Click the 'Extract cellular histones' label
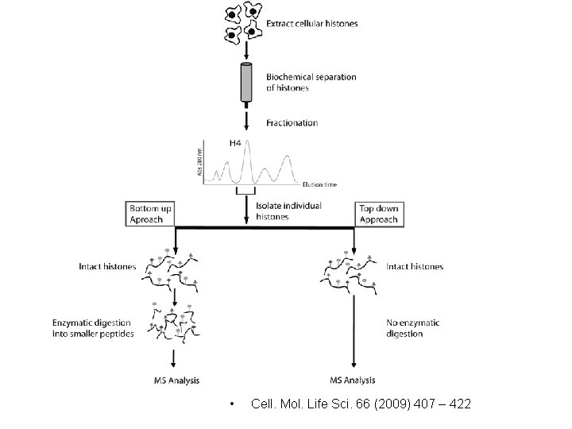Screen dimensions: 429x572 tap(311, 24)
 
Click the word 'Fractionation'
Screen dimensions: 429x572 tap(292, 123)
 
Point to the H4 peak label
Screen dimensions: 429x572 tap(236, 143)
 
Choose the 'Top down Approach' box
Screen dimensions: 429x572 tap(378, 214)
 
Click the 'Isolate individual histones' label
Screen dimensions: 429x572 tap(289, 211)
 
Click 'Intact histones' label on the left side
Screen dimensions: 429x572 tap(107, 267)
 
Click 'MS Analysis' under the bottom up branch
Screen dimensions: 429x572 tap(171, 379)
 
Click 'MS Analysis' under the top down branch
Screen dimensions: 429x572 tap(353, 379)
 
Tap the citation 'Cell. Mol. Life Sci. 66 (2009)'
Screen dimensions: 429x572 tap(360, 404)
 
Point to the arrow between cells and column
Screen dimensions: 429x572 tap(245, 51)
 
